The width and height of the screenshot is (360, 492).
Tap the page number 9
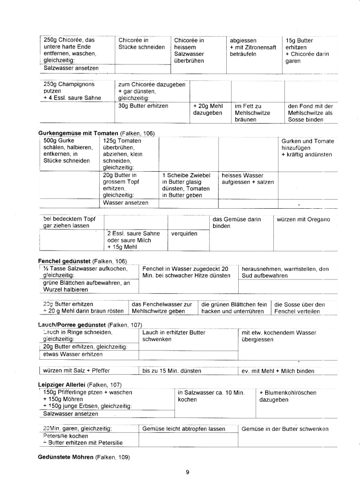click(187, 472)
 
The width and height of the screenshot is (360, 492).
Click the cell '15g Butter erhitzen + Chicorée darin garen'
click(307, 51)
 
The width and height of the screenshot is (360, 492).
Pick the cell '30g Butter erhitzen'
click(143, 106)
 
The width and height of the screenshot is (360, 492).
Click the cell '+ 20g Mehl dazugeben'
click(206, 109)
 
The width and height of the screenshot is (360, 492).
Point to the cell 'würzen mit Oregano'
click(303, 219)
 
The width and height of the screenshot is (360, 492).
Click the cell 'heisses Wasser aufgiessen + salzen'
click(247, 179)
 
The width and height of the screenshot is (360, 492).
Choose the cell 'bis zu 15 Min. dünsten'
click(172, 371)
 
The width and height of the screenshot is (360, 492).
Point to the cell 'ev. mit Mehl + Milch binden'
click(277, 371)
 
